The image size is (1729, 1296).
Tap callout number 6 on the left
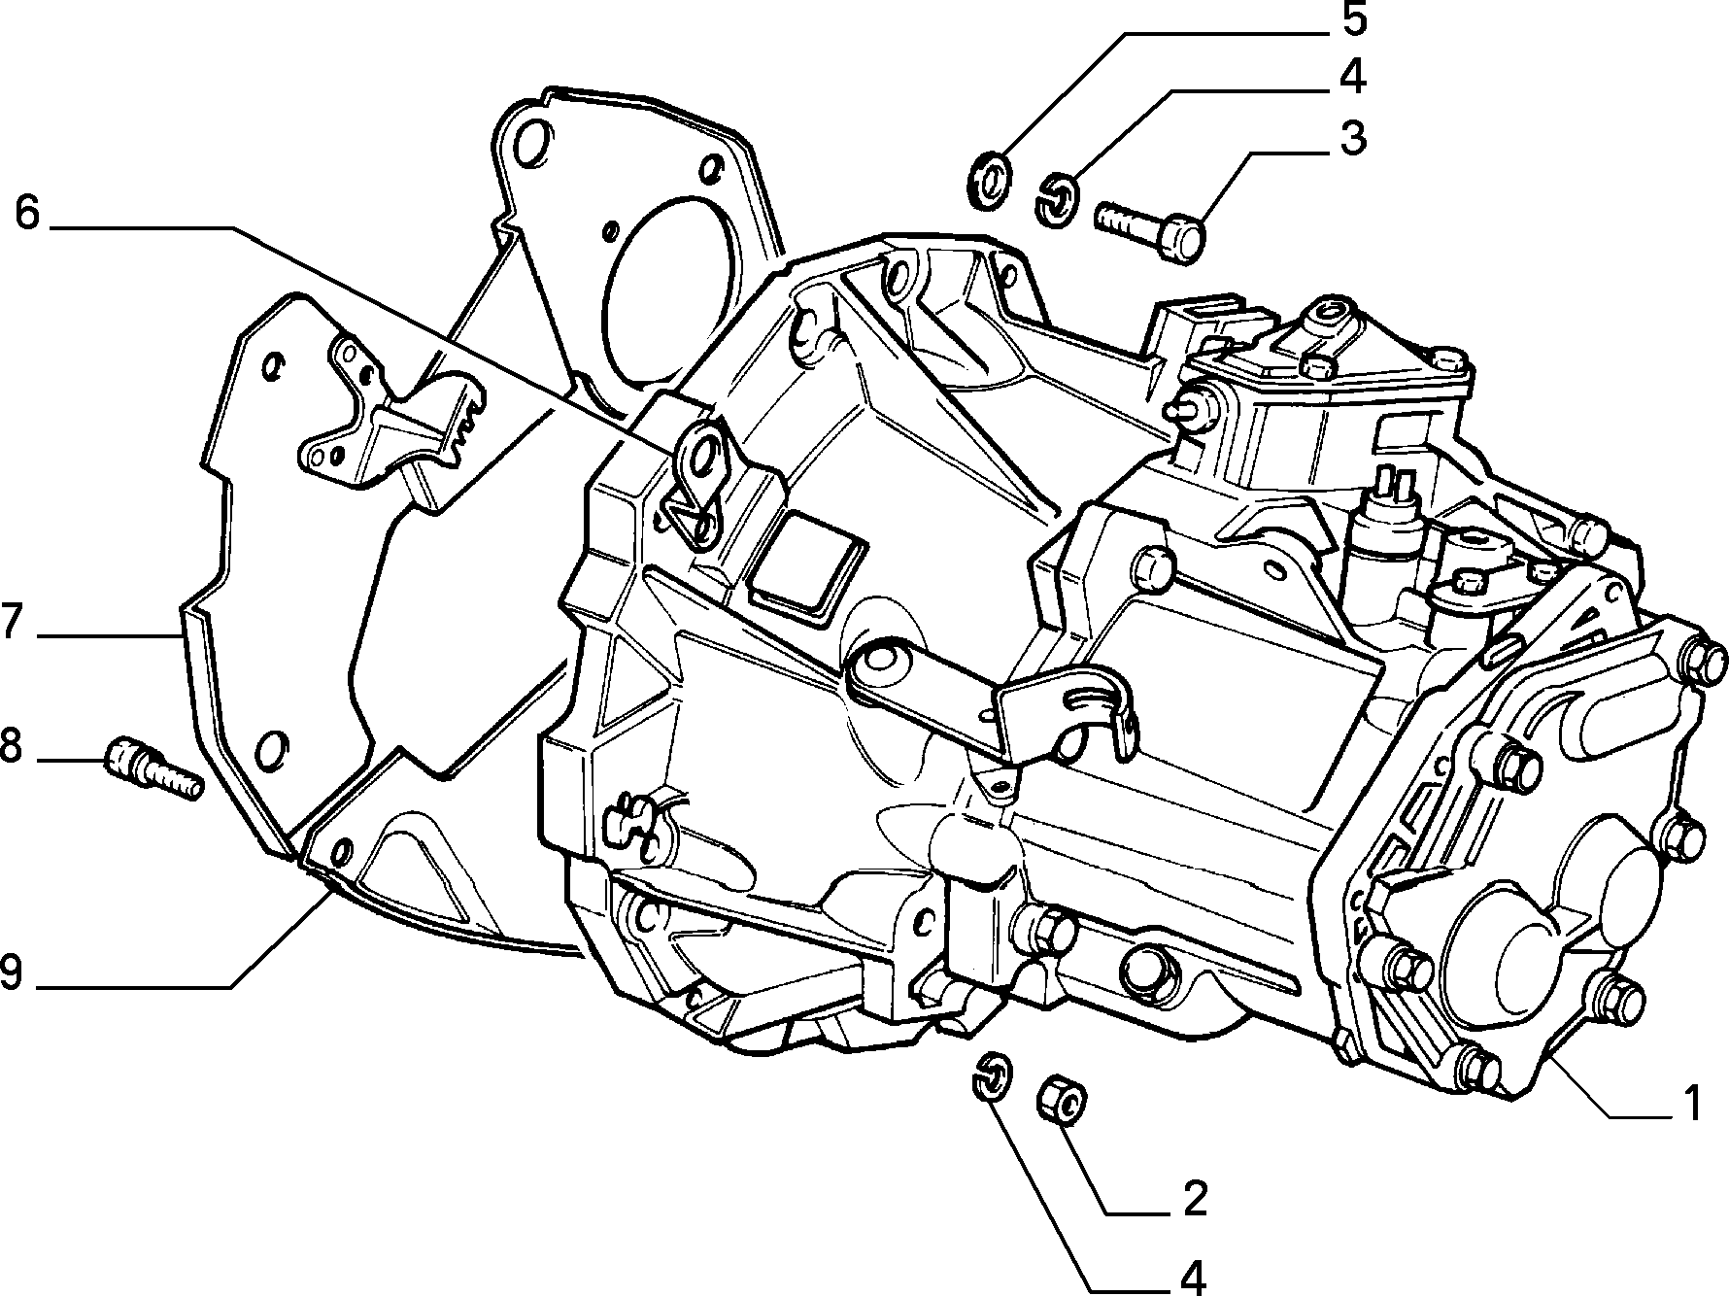click(27, 214)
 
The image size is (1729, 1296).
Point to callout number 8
click(13, 749)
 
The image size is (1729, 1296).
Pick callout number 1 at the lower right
click(1690, 1104)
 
